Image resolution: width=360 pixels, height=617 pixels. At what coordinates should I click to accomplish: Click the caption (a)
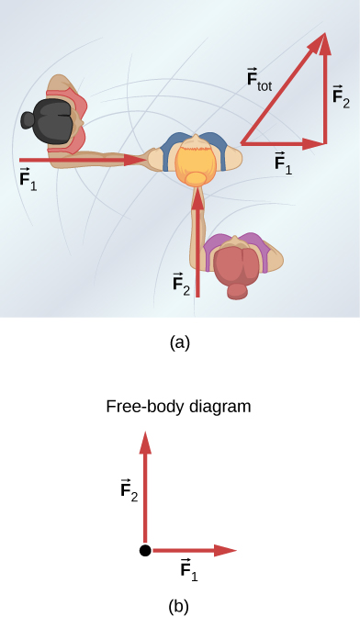coord(180,342)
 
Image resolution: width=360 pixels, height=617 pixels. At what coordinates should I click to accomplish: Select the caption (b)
coord(180,606)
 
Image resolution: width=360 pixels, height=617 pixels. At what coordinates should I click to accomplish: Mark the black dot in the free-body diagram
coord(144,550)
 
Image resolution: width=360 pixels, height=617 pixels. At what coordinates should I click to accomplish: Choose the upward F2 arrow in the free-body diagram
coord(144,487)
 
